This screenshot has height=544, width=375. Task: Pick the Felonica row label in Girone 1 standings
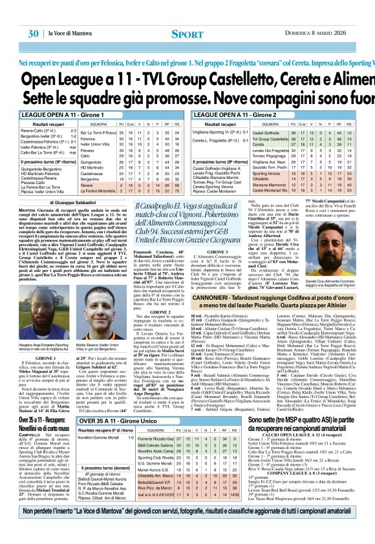click(x=89, y=138)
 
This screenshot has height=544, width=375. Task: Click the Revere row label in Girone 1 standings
click(x=87, y=183)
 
